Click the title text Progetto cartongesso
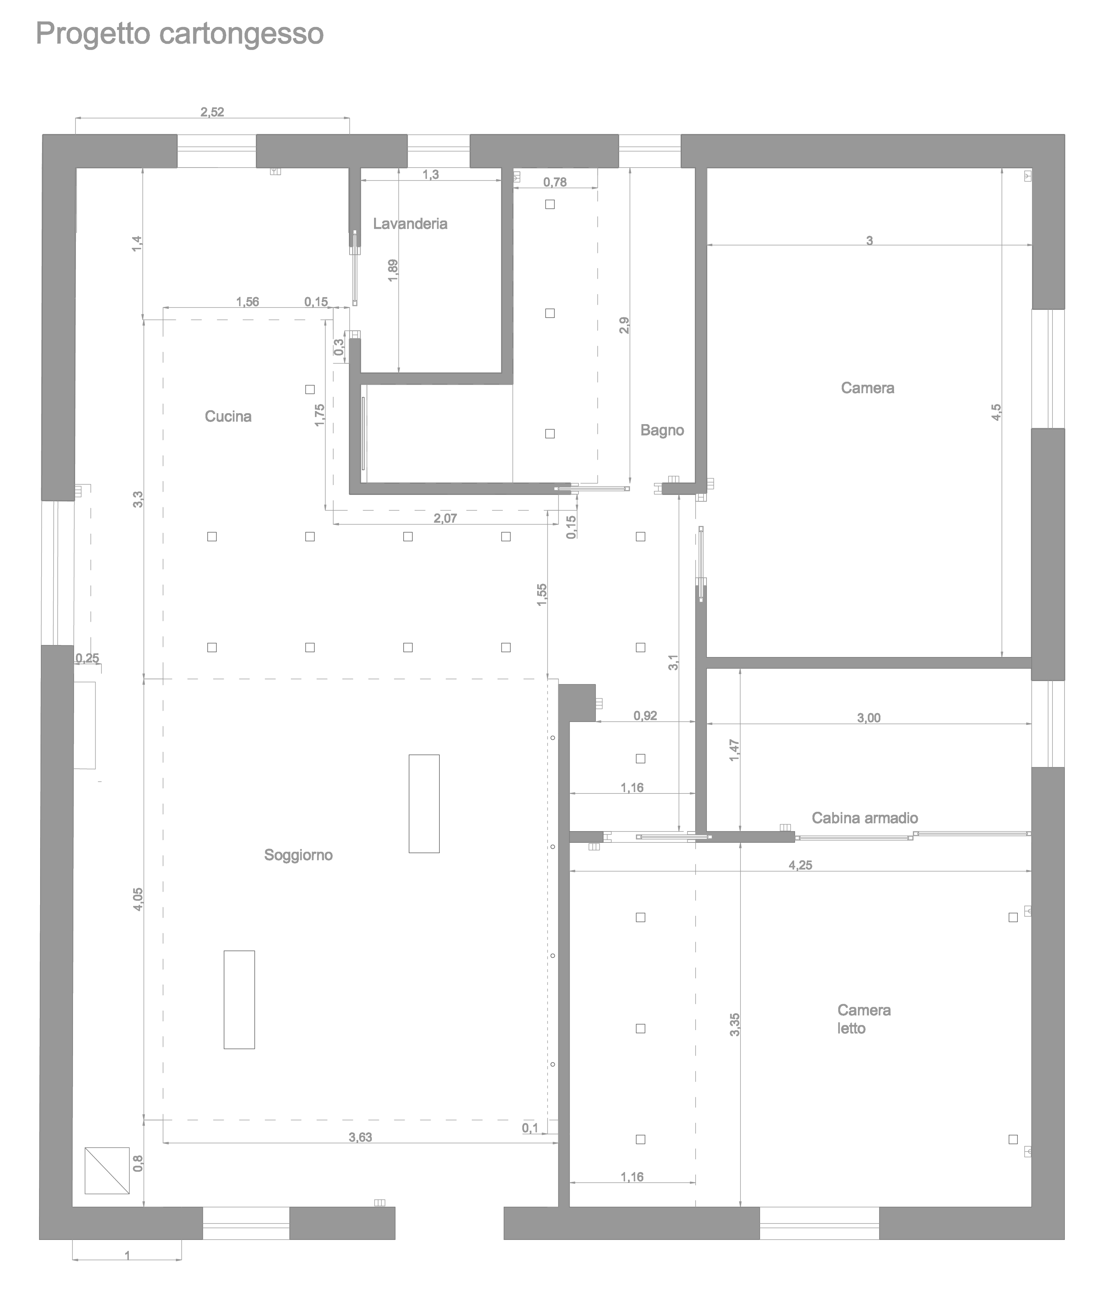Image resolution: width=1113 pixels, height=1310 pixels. click(x=180, y=34)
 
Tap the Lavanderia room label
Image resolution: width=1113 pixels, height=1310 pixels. click(x=410, y=223)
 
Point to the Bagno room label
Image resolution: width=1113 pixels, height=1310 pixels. click(x=662, y=430)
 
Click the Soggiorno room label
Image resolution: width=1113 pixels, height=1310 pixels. click(x=299, y=855)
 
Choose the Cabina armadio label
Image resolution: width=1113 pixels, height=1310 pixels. click(x=864, y=818)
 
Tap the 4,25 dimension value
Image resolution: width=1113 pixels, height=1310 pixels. click(x=800, y=865)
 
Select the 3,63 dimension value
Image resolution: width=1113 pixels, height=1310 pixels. click(x=360, y=1137)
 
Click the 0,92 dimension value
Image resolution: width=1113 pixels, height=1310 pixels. click(x=645, y=715)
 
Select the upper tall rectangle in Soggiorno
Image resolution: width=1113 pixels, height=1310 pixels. click(x=424, y=804)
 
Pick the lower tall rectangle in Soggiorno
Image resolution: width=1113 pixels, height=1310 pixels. click(x=239, y=999)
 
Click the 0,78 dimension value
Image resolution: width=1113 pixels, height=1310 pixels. click(x=555, y=183)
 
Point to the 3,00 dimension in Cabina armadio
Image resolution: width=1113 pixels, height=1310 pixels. click(x=869, y=718)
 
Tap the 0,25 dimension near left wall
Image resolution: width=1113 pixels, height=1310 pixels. click(x=87, y=658)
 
